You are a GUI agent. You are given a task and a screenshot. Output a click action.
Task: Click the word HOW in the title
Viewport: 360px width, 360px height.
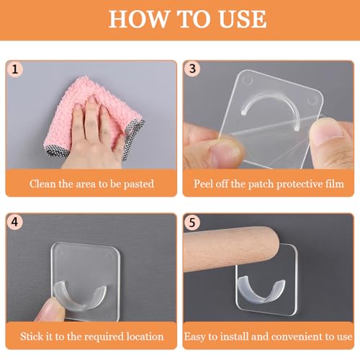[138, 19]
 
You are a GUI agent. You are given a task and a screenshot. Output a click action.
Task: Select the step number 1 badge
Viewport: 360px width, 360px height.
[15, 70]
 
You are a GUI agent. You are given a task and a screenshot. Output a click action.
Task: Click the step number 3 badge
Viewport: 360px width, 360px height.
[192, 69]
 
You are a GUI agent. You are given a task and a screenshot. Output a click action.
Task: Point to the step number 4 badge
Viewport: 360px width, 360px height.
[14, 222]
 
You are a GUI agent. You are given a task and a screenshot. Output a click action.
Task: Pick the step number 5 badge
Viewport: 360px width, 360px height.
[192, 222]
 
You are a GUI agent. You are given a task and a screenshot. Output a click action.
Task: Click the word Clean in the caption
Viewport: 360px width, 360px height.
[42, 184]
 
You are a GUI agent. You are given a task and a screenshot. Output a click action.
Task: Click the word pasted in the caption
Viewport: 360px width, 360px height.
[138, 184]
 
